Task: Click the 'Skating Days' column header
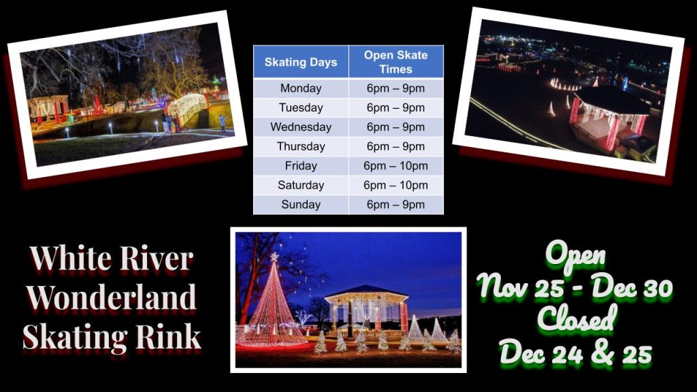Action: (301, 62)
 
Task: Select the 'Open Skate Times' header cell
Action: (395, 62)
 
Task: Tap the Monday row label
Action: (301, 88)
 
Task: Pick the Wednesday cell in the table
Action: (301, 127)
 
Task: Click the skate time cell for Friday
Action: (395, 166)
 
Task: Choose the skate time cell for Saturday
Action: (395, 185)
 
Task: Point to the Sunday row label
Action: (301, 204)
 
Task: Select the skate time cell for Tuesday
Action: (395, 108)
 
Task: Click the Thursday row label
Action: (301, 146)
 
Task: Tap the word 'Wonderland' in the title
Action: (111, 297)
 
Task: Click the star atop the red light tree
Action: (274, 257)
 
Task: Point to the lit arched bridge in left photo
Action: (187, 108)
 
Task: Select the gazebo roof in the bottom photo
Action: (366, 293)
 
